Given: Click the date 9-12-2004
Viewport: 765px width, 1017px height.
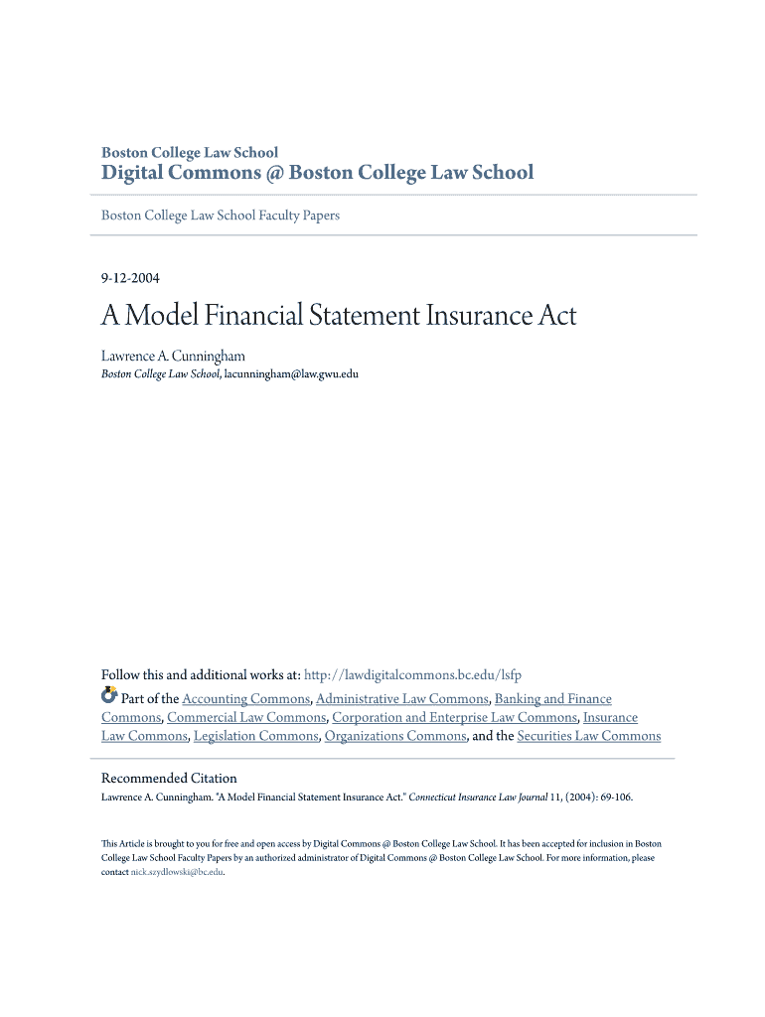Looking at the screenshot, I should click(130, 277).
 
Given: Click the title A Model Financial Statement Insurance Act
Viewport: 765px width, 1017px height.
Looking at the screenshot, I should click(338, 317).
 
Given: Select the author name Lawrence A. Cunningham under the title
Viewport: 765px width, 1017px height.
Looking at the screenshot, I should click(173, 356).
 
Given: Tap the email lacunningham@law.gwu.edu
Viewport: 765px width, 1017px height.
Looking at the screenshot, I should click(291, 374).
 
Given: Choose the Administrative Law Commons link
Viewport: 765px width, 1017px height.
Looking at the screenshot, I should click(401, 699).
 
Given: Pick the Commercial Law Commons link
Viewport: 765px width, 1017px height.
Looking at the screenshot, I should click(246, 717).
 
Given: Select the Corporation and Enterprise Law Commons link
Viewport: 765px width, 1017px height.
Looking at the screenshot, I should click(454, 717).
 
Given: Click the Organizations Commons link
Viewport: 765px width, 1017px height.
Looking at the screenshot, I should click(394, 736).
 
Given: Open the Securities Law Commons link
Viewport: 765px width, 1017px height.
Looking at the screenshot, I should click(588, 736).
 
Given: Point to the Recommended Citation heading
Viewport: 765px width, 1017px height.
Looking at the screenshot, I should click(170, 778).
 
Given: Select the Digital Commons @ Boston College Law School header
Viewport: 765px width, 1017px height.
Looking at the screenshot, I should click(318, 173).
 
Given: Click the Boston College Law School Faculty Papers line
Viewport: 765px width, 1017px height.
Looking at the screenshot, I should click(221, 216).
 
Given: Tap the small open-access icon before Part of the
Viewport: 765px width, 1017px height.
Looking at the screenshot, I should click(109, 696).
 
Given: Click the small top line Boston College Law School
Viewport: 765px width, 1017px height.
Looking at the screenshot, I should click(190, 152).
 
